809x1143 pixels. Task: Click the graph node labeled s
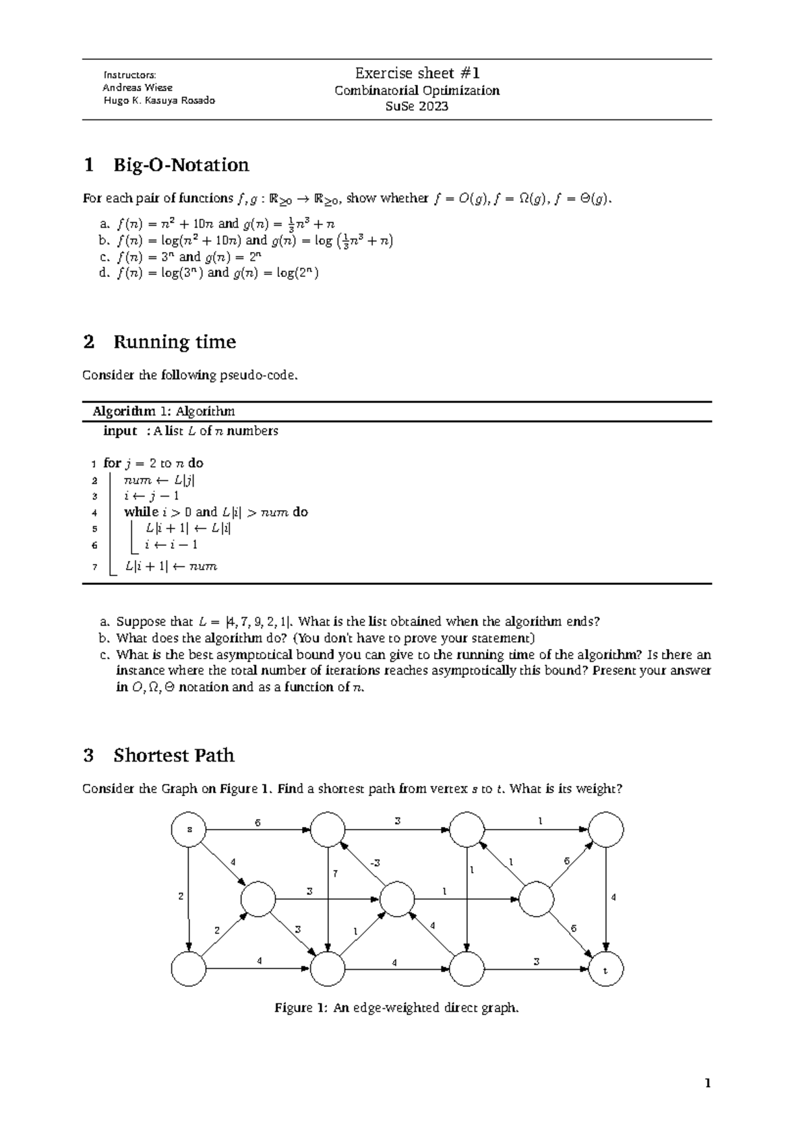(x=189, y=830)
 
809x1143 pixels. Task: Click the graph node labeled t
(x=605, y=971)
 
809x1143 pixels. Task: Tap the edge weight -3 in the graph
(x=374, y=863)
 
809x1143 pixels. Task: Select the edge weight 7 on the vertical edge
(x=334, y=873)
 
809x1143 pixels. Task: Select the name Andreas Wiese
(x=138, y=88)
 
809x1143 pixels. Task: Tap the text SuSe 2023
(x=417, y=106)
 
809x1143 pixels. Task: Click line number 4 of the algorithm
(x=94, y=513)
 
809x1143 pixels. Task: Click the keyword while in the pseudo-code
(x=140, y=512)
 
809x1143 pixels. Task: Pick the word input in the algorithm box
(x=120, y=431)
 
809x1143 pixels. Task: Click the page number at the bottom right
(x=707, y=1084)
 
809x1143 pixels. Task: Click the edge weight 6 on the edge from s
(x=257, y=823)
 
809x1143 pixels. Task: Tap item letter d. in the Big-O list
(x=103, y=273)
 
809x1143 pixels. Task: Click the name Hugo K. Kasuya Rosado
(x=158, y=100)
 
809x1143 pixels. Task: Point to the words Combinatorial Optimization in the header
(x=417, y=90)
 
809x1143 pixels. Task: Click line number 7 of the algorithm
(x=94, y=567)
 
